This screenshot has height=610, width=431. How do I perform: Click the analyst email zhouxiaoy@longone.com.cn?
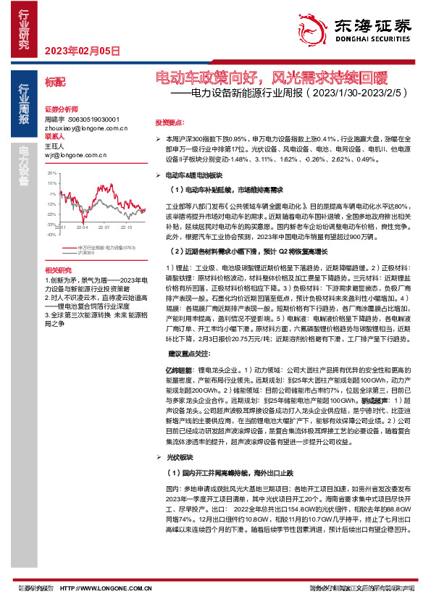click(x=85, y=128)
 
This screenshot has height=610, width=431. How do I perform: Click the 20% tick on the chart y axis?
click(x=51, y=174)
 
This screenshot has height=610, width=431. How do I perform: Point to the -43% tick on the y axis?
click(x=51, y=234)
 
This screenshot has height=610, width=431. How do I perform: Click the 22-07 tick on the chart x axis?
click(x=105, y=227)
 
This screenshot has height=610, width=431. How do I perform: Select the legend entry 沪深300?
click(x=86, y=253)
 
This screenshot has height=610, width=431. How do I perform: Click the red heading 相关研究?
click(x=55, y=269)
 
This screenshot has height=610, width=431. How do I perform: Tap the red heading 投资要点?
click(x=170, y=122)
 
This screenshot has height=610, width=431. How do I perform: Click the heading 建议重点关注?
click(x=190, y=353)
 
